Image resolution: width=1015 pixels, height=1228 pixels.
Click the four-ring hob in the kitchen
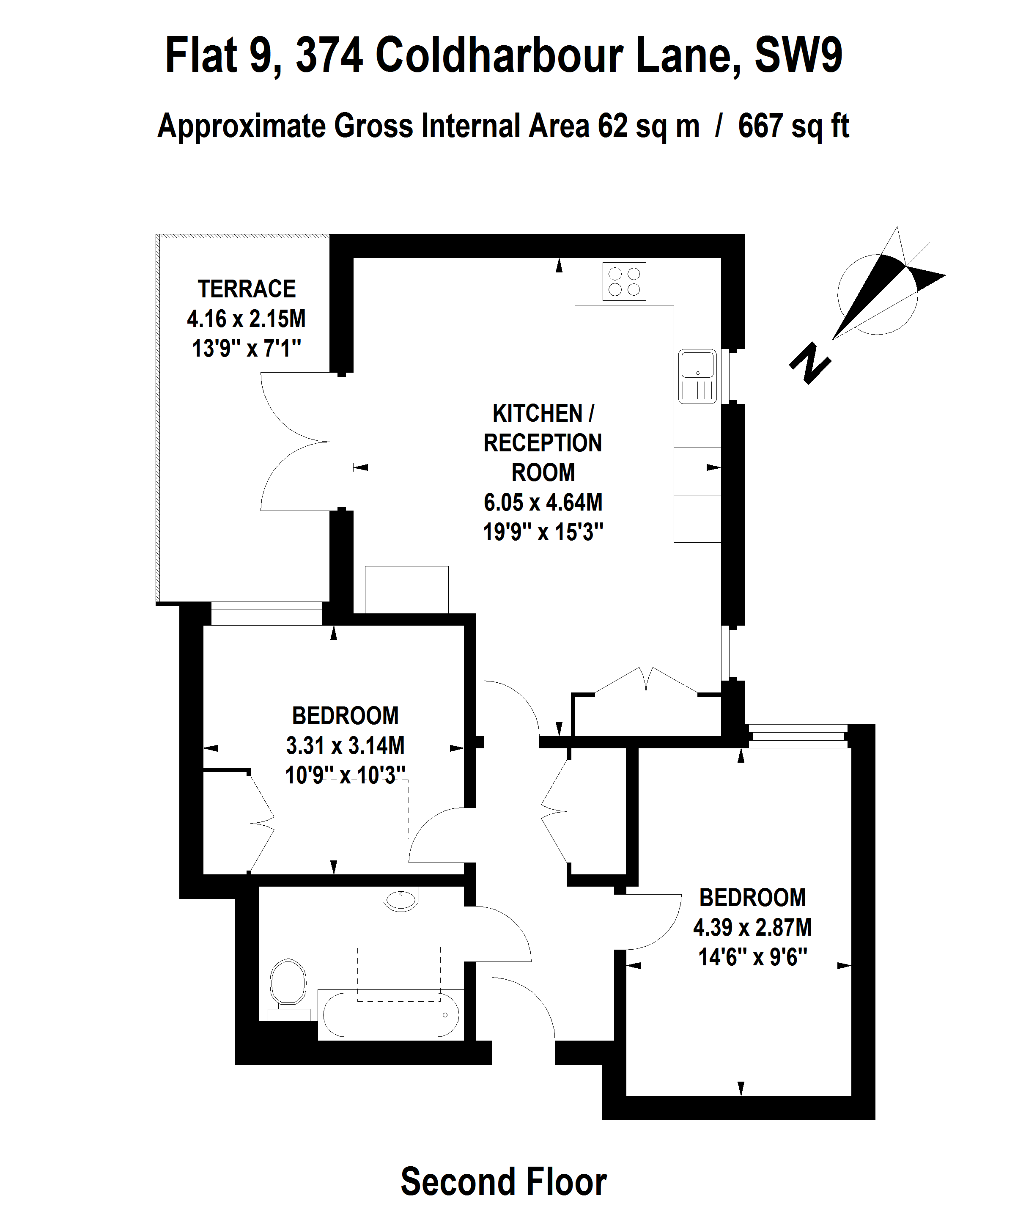624,281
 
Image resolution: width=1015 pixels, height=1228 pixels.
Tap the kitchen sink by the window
697,376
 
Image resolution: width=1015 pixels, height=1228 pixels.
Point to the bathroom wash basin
401,899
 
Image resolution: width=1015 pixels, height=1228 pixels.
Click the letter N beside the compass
810,364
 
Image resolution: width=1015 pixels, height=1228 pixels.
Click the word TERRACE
247,289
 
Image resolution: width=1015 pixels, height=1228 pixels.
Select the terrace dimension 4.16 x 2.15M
246,319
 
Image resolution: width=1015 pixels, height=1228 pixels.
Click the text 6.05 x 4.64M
543,502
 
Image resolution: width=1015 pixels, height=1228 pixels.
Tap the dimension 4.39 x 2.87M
752,927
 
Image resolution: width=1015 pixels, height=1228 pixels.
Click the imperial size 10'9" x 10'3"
345,775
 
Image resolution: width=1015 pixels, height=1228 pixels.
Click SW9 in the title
798,55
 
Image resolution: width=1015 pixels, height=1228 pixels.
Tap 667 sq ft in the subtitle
793,126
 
